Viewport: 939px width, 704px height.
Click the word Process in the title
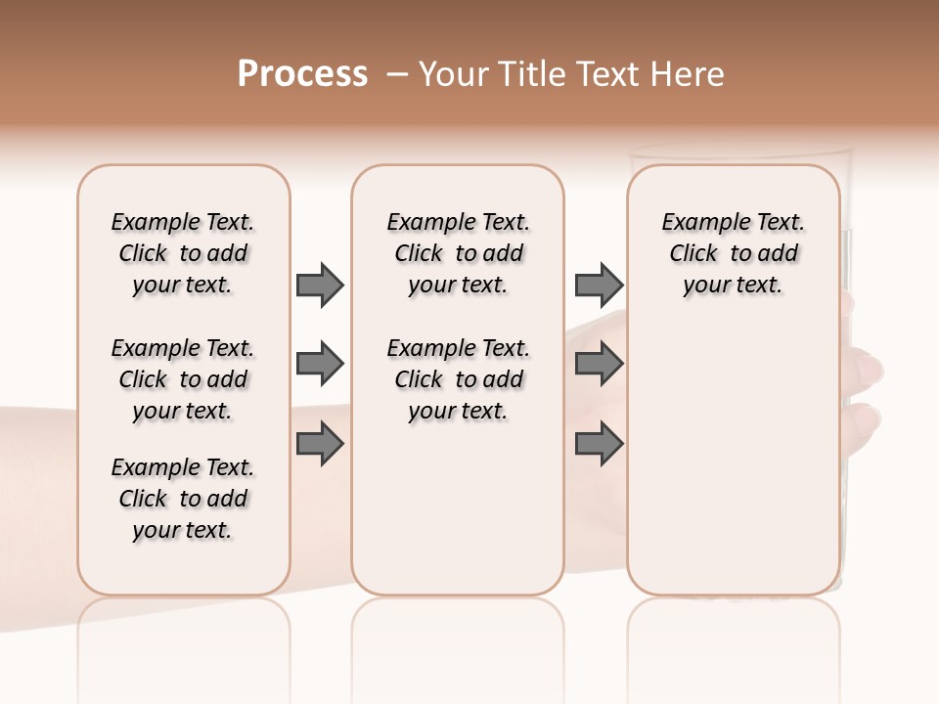coord(302,74)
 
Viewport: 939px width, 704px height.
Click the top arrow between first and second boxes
coord(320,286)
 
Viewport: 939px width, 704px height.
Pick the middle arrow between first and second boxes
coord(320,365)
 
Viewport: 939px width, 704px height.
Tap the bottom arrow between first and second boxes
coord(320,445)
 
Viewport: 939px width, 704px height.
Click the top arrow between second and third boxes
coord(599,286)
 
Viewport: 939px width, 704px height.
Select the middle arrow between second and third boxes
coord(599,365)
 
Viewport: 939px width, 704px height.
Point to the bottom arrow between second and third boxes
coord(599,445)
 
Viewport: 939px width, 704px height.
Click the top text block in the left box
coord(183,253)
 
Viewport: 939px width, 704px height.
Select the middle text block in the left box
coord(183,379)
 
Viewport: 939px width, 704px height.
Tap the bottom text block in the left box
coord(183,499)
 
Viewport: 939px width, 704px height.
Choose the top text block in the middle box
coord(458,253)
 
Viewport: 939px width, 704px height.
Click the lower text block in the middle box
coord(458,379)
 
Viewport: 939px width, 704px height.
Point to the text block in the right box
coord(734,253)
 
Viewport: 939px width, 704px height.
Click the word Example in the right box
coord(697,223)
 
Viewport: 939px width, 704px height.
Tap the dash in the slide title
coord(396,74)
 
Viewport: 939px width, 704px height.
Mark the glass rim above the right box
coord(740,153)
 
